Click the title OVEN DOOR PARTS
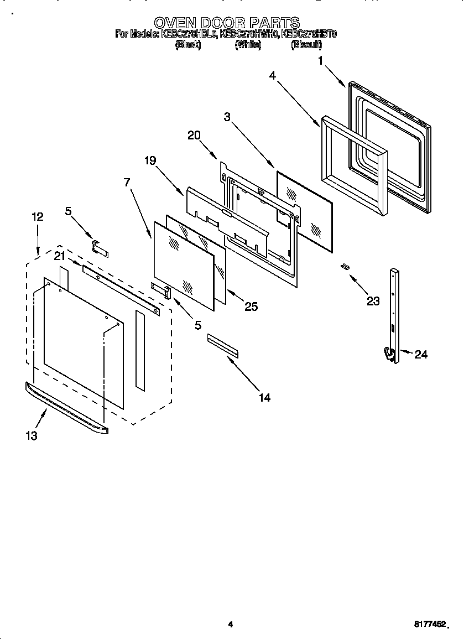(226, 22)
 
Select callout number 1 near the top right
(320, 61)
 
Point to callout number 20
(194, 134)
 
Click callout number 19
(150, 161)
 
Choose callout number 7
(127, 182)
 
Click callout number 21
(60, 255)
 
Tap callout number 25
(251, 306)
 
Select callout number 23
(373, 300)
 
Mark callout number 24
(421, 355)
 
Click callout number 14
(264, 397)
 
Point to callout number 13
(32, 436)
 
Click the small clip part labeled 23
(345, 267)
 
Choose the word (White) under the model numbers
(248, 46)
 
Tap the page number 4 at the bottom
(231, 625)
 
